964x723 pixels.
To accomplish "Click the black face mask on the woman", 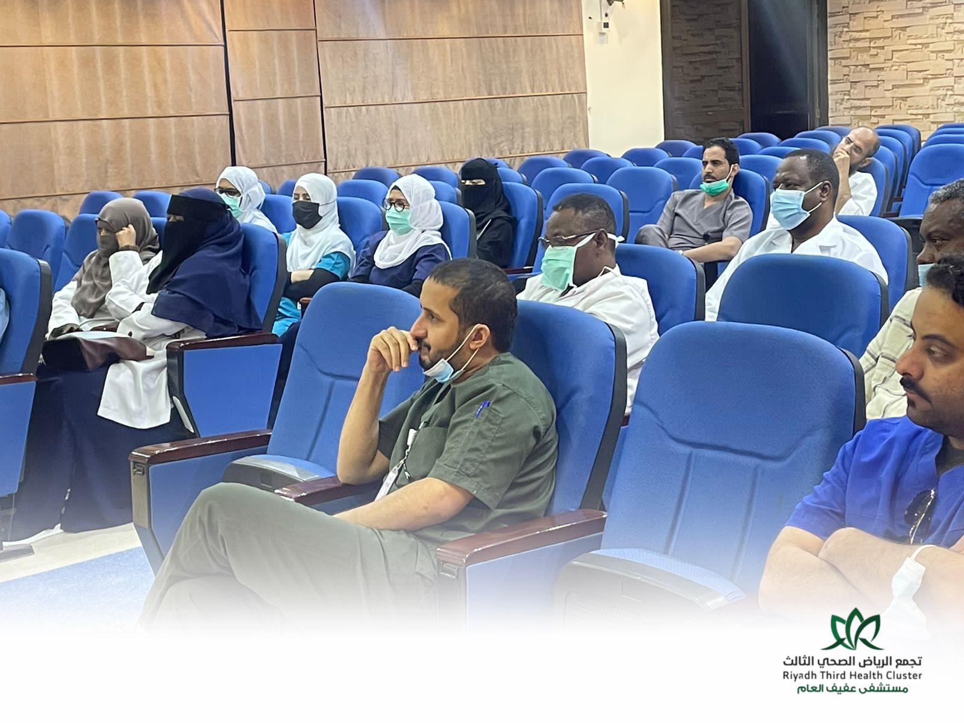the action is tap(307, 214).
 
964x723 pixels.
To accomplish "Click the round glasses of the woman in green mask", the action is tap(395, 205).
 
